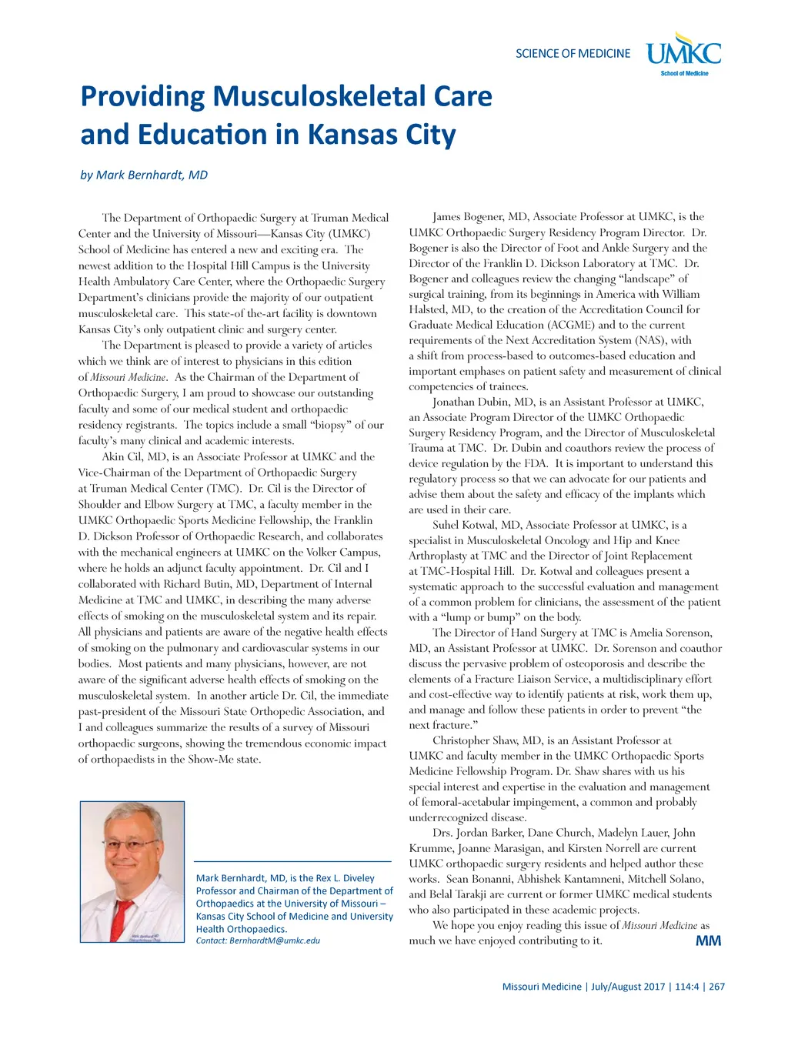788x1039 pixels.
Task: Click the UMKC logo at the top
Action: point(683,52)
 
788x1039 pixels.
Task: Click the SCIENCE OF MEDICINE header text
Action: point(573,53)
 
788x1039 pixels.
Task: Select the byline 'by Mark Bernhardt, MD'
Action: point(144,175)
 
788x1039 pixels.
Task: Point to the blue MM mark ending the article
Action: point(708,940)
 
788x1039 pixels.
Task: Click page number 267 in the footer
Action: point(716,987)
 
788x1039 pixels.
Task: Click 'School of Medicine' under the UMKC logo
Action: point(684,73)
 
